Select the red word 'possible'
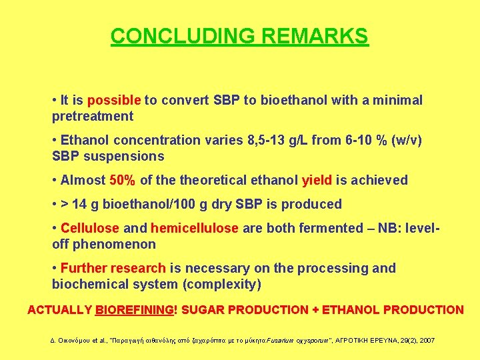113,100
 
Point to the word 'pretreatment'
93,116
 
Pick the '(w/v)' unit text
405,140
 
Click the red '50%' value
123,180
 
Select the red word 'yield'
317,180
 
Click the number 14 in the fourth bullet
79,204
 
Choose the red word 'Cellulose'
90,228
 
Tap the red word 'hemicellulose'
194,228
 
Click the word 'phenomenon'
114,244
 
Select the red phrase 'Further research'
113,268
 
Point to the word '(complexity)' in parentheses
223,284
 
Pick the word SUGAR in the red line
201,309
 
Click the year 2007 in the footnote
426,340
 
